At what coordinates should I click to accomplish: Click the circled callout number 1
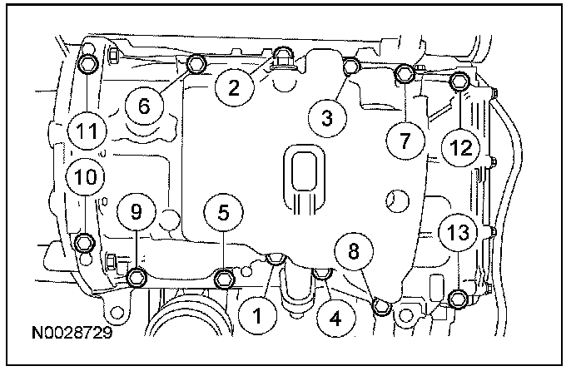tap(258, 314)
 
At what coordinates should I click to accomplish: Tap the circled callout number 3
tap(327, 118)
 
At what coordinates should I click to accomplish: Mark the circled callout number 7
tap(405, 140)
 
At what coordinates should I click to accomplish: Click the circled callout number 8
tap(355, 249)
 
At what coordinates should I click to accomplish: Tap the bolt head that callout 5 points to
tap(224, 278)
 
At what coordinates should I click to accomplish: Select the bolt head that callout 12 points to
tap(459, 81)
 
